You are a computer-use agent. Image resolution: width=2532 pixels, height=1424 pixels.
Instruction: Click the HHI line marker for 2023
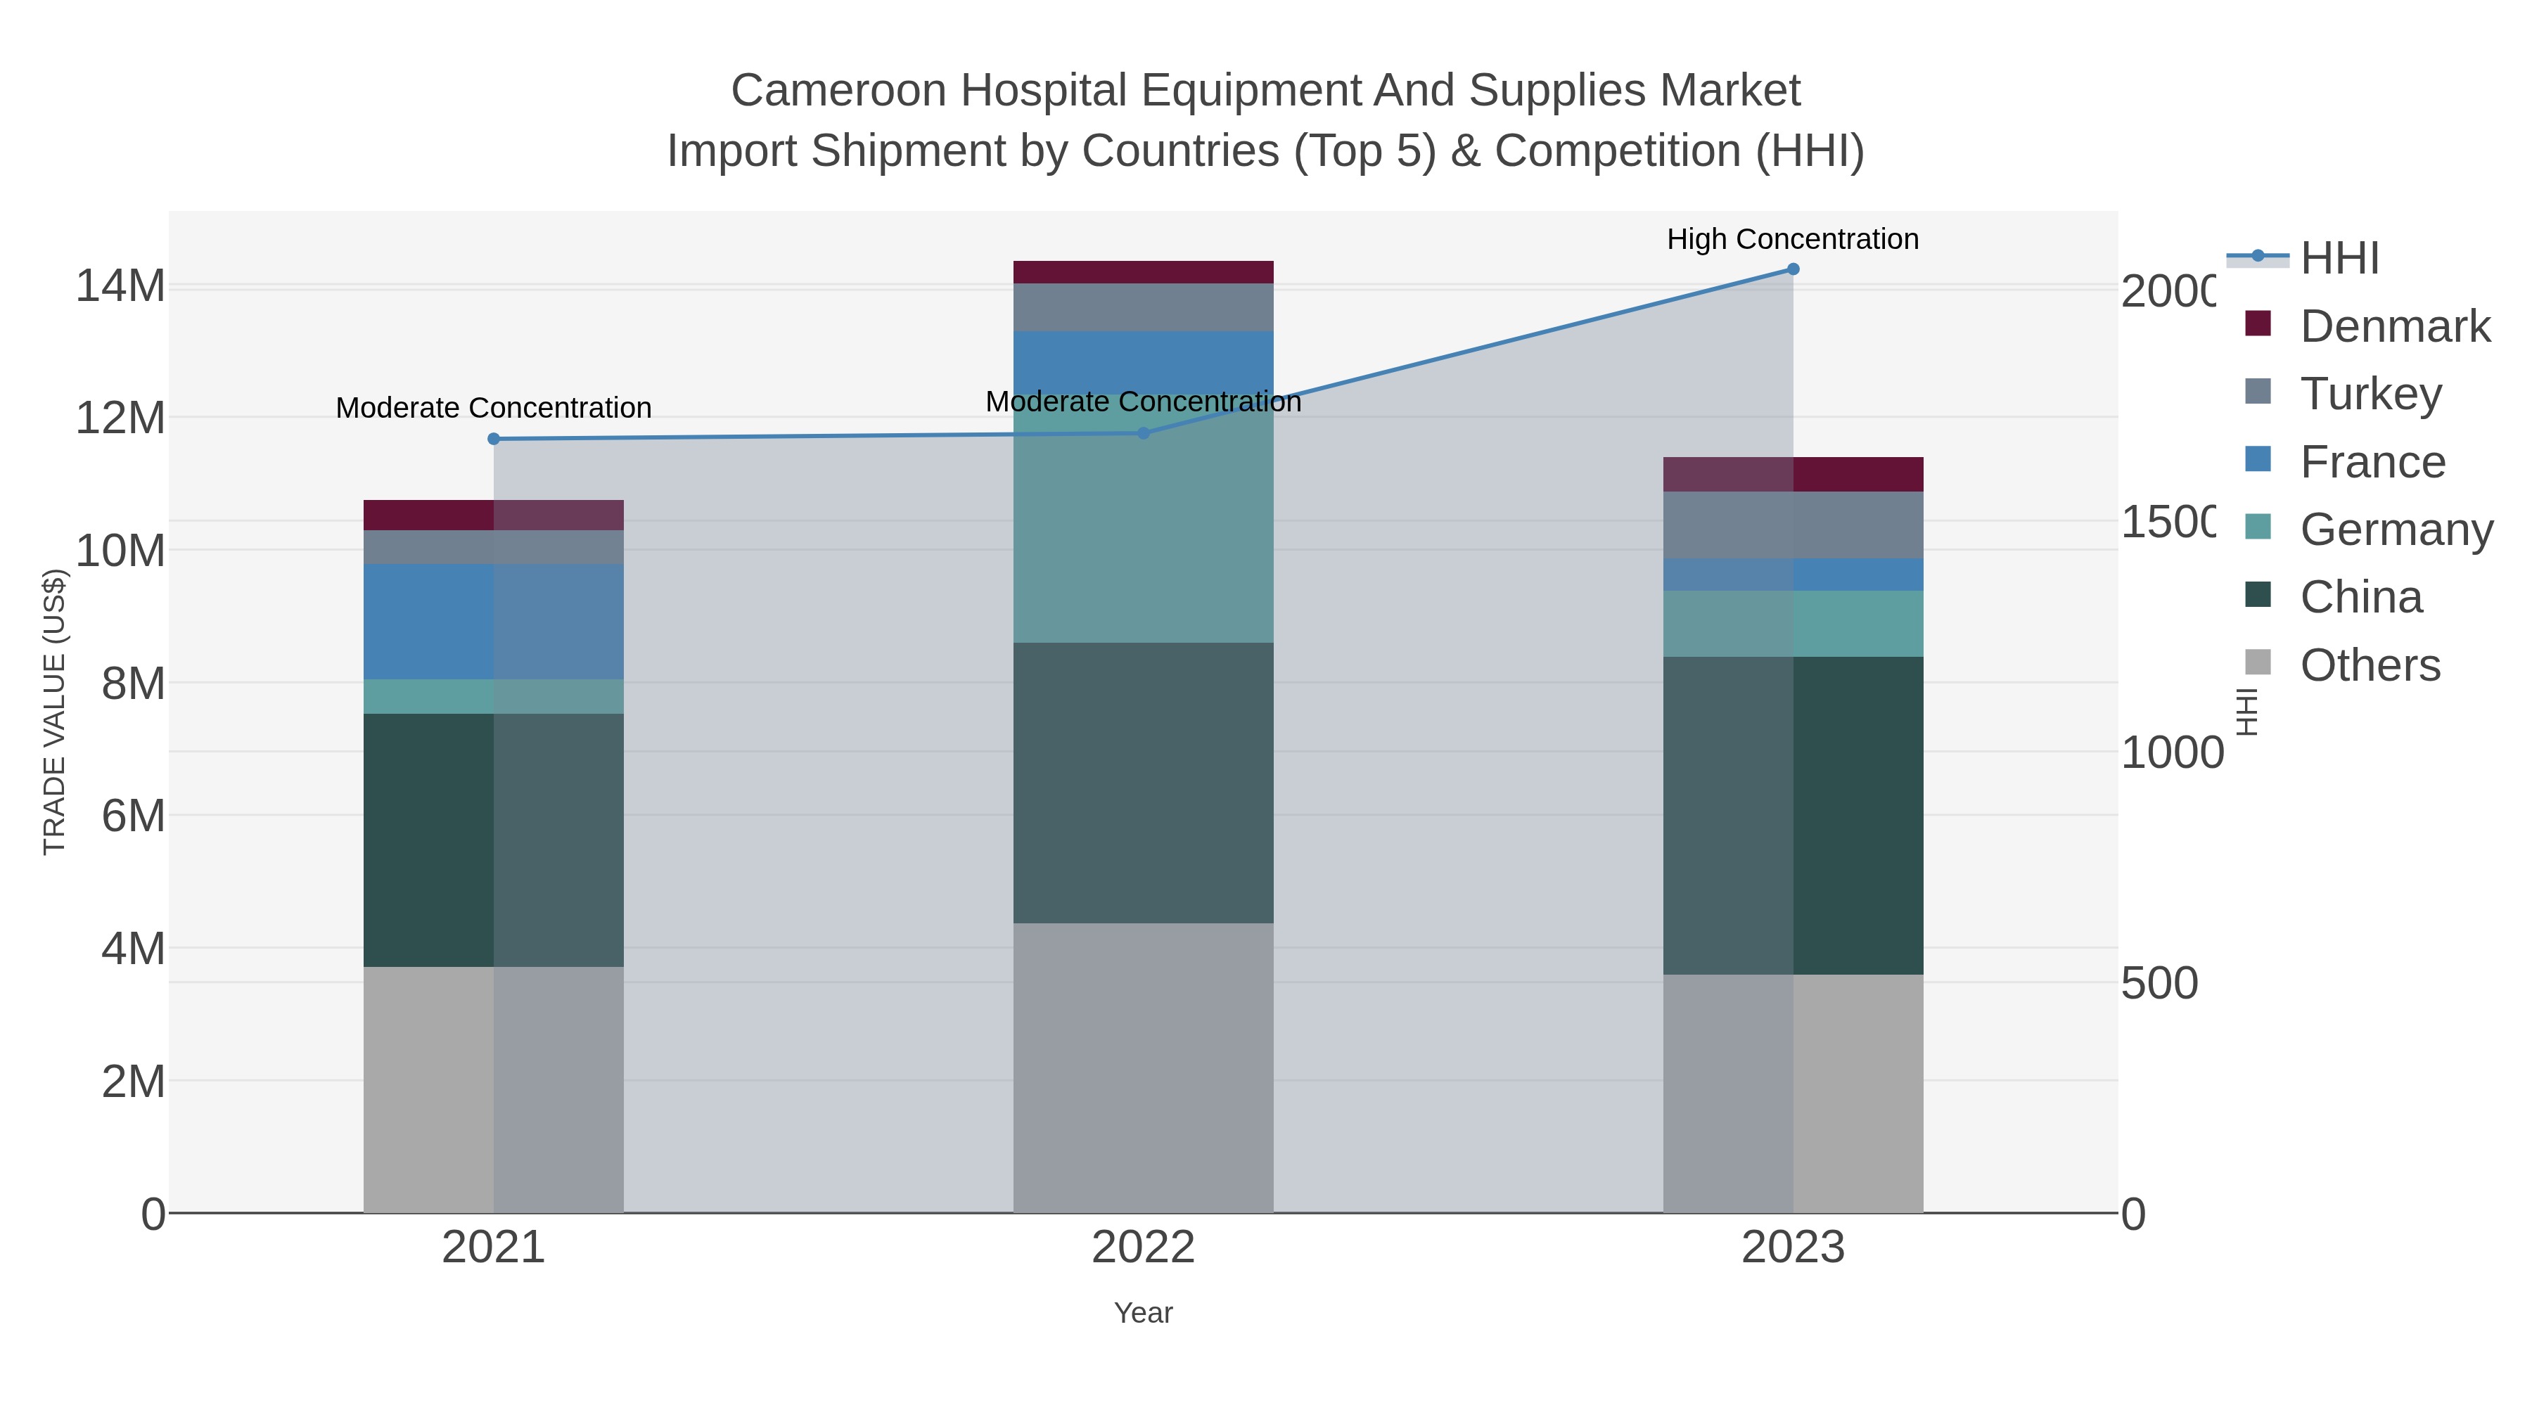tap(1793, 269)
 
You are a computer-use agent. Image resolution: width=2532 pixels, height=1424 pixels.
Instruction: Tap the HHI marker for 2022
tap(1143, 433)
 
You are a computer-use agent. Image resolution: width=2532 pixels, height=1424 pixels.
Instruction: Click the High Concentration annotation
tap(1792, 239)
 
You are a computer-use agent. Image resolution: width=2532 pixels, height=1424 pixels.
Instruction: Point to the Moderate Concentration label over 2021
tap(494, 408)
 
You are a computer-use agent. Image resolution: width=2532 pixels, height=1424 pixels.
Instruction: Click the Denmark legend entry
tap(2394, 326)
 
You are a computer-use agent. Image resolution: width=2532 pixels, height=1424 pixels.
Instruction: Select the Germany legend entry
tap(2396, 530)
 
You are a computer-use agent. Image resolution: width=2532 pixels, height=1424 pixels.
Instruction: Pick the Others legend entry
tap(2369, 665)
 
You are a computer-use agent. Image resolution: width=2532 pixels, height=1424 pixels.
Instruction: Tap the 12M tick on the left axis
tap(120, 418)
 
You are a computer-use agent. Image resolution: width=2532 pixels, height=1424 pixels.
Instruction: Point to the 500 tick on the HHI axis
tap(2159, 984)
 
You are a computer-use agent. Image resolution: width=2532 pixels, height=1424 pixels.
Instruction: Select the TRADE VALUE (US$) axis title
tap(55, 712)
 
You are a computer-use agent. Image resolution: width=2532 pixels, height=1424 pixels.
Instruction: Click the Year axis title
tap(1143, 1313)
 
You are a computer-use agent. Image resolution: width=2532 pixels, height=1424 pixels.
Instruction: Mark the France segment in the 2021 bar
tap(494, 621)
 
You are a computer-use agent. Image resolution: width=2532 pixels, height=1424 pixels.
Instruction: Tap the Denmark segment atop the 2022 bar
tap(1143, 272)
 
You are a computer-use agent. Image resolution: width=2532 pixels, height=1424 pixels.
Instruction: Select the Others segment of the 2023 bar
tap(1793, 1093)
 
